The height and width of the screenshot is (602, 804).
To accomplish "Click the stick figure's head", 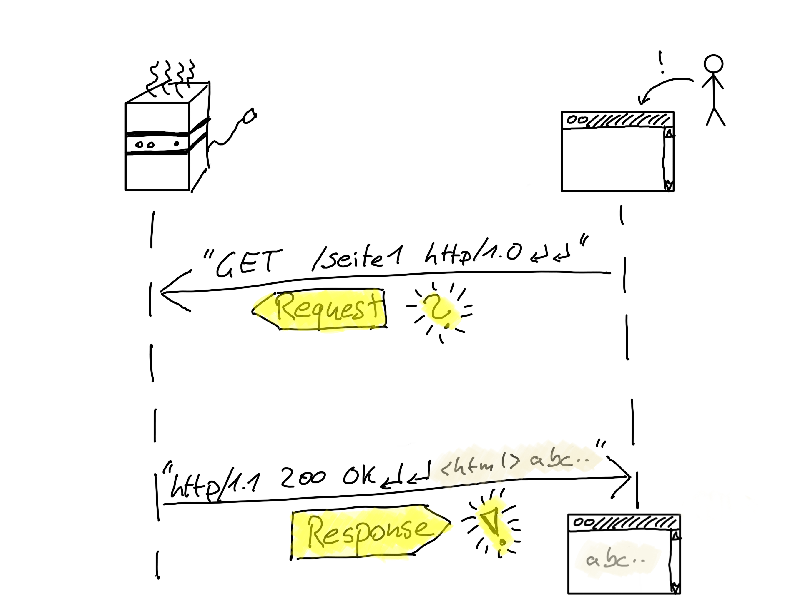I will (713, 65).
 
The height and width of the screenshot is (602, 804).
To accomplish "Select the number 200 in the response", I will (303, 477).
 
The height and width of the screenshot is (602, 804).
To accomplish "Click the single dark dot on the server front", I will (177, 144).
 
